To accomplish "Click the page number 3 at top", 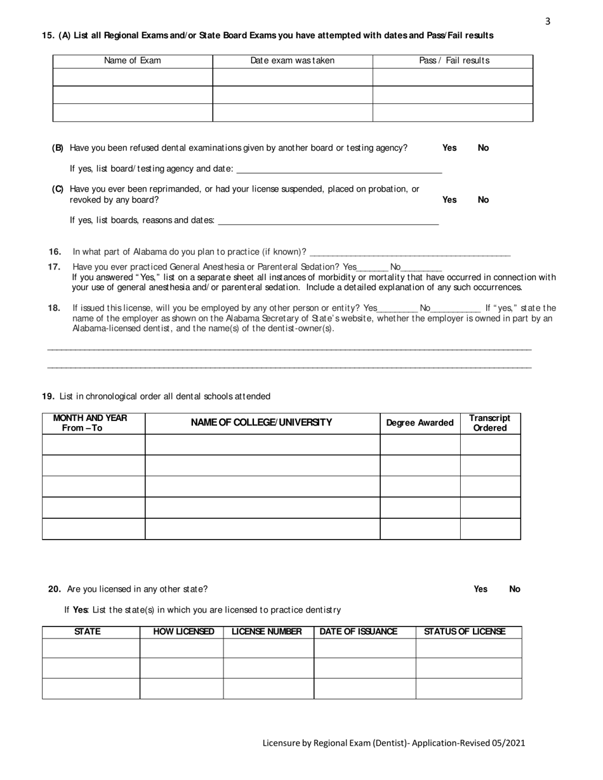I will point(548,22).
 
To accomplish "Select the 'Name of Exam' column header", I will point(132,61).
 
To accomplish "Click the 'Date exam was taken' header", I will point(292,61).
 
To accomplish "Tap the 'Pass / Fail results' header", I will point(454,61).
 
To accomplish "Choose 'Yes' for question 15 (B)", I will point(449,148).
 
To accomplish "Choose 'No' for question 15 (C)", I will point(483,200).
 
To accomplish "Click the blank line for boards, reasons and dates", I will point(328,221).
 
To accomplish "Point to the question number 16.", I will point(55,252).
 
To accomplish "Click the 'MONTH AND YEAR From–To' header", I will point(90,423).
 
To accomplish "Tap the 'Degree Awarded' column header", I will point(420,423).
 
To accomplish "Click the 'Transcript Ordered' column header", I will point(489,423).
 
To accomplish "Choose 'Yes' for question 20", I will point(480,589).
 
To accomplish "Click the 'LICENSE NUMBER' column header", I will point(267,632).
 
